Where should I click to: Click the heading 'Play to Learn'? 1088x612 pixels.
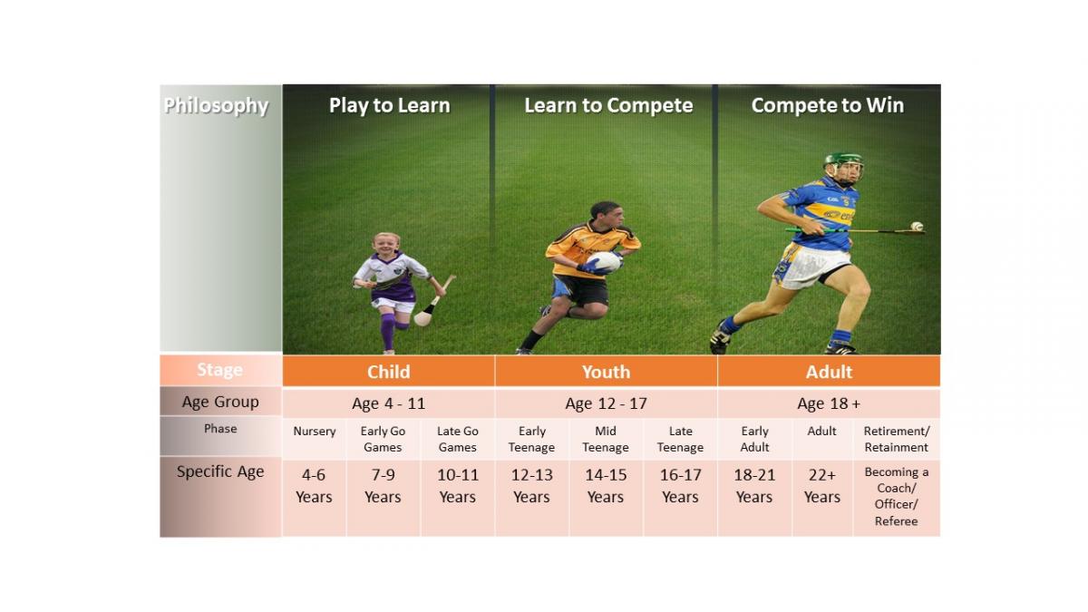390,106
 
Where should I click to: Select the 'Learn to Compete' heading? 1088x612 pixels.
608,106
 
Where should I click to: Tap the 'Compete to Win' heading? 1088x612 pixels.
828,106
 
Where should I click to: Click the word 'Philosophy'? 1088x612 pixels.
216,106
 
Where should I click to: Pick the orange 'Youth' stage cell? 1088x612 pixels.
607,371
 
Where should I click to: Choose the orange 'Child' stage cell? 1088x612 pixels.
389,371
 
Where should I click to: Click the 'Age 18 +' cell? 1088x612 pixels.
829,403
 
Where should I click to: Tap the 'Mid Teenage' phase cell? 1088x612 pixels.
606,439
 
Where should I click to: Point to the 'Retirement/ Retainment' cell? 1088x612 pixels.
896,439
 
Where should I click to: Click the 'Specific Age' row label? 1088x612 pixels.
220,471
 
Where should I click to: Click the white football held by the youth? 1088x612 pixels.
605,261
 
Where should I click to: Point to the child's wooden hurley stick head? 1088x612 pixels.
423,318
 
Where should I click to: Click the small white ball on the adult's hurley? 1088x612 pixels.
917,226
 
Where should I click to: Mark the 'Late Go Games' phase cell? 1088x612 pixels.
457,439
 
